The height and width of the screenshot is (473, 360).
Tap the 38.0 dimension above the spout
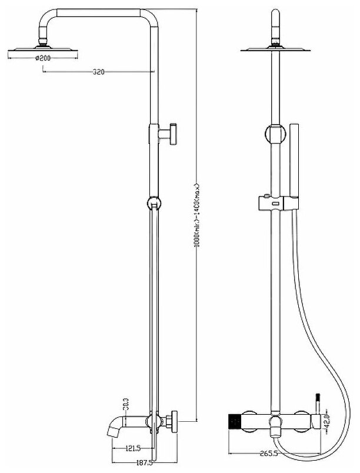click(125, 407)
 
